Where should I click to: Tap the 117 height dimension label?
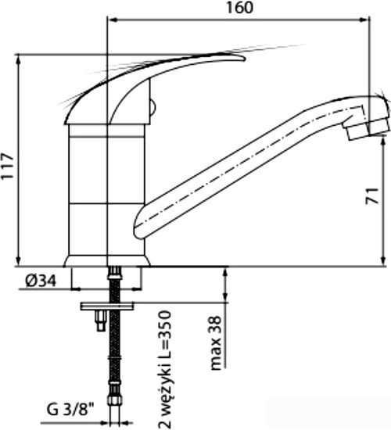[x=7, y=167]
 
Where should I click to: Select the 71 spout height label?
[x=372, y=195]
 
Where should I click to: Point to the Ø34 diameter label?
[x=41, y=281]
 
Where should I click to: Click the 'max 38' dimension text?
[x=216, y=343]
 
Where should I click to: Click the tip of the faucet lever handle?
[x=244, y=58]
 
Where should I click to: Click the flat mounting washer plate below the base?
[x=107, y=306]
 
